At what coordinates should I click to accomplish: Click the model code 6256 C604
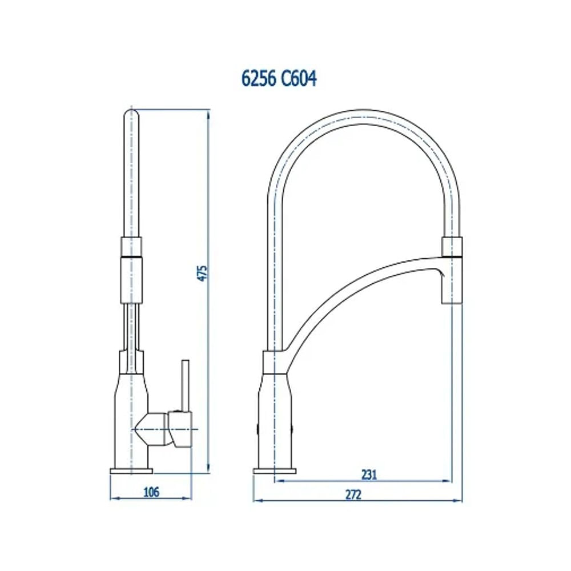279,79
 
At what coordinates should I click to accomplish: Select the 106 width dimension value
151,491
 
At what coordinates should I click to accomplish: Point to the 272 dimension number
353,494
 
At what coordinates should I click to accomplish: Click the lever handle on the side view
185,385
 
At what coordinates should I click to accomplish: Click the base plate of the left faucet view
131,471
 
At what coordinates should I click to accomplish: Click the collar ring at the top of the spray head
451,246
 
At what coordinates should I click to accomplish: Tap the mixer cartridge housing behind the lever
157,428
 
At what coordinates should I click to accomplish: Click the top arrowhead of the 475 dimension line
207,111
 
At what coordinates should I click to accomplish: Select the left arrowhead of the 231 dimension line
278,481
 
